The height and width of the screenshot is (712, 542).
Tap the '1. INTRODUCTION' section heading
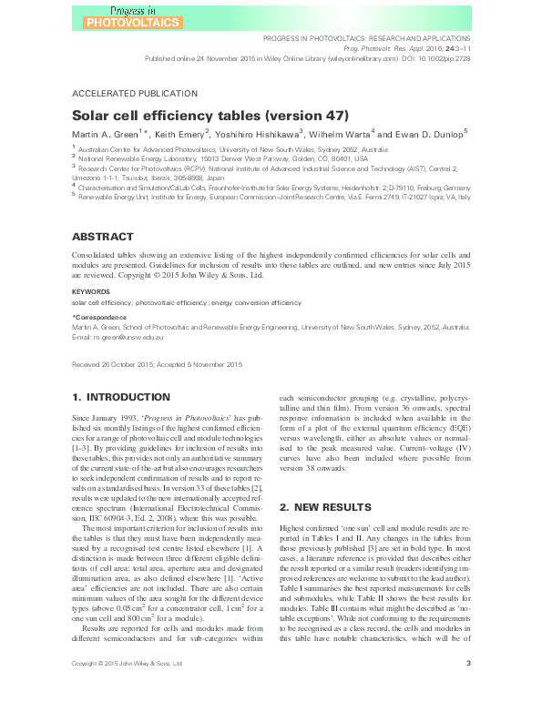tap(122, 398)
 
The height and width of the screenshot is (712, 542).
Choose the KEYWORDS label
tap(91, 292)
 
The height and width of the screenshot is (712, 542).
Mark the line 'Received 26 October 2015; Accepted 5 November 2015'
tap(157, 364)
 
